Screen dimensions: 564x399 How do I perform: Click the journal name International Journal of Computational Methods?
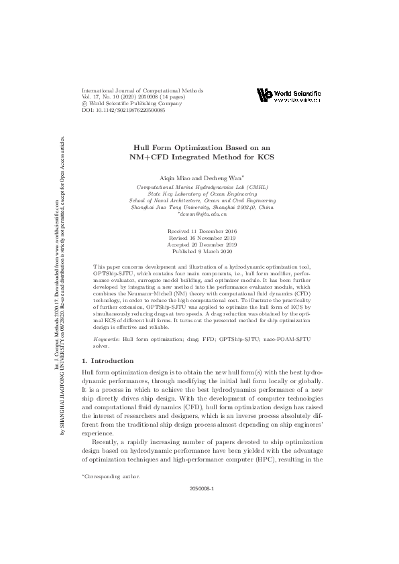[141, 90]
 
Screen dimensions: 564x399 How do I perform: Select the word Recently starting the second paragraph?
[105, 442]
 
